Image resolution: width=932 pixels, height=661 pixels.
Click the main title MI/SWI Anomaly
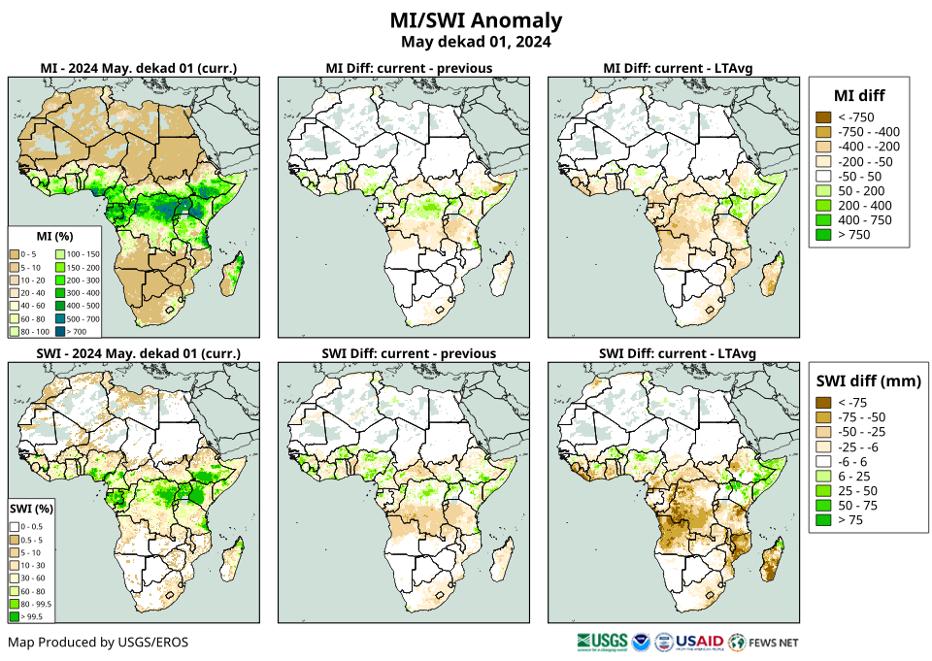tap(475, 20)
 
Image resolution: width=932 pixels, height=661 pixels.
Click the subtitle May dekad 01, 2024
tap(475, 42)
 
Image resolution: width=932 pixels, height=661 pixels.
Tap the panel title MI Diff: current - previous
tap(408, 68)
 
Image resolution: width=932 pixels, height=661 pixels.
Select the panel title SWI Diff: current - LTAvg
tap(678, 352)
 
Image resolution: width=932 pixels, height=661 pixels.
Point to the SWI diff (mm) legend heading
tap(868, 380)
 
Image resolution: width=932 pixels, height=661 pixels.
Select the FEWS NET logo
tap(764, 642)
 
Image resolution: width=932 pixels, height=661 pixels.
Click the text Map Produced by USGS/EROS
tap(98, 643)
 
